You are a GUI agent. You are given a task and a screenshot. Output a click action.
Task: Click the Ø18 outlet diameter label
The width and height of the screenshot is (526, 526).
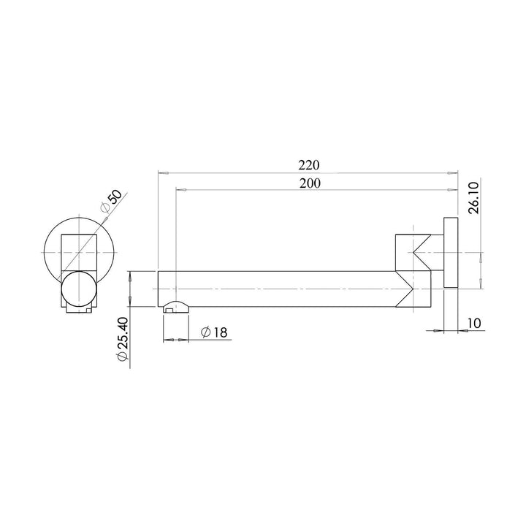coord(213,332)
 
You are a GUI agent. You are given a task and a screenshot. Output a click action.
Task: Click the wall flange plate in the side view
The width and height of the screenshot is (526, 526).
coord(450,253)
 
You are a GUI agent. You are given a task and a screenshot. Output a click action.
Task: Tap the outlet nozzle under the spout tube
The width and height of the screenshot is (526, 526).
coord(175,306)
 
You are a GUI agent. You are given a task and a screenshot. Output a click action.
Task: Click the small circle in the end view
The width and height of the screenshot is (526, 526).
coord(77,289)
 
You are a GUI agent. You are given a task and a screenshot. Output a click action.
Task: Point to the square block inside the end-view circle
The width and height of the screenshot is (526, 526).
coord(78,252)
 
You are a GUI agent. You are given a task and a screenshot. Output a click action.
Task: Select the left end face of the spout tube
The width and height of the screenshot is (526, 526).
coord(159,289)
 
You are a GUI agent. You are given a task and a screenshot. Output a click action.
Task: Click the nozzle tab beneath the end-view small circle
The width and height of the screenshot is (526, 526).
coord(78,310)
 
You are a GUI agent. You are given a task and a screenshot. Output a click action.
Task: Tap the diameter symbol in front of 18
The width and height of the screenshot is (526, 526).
coord(205,332)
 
